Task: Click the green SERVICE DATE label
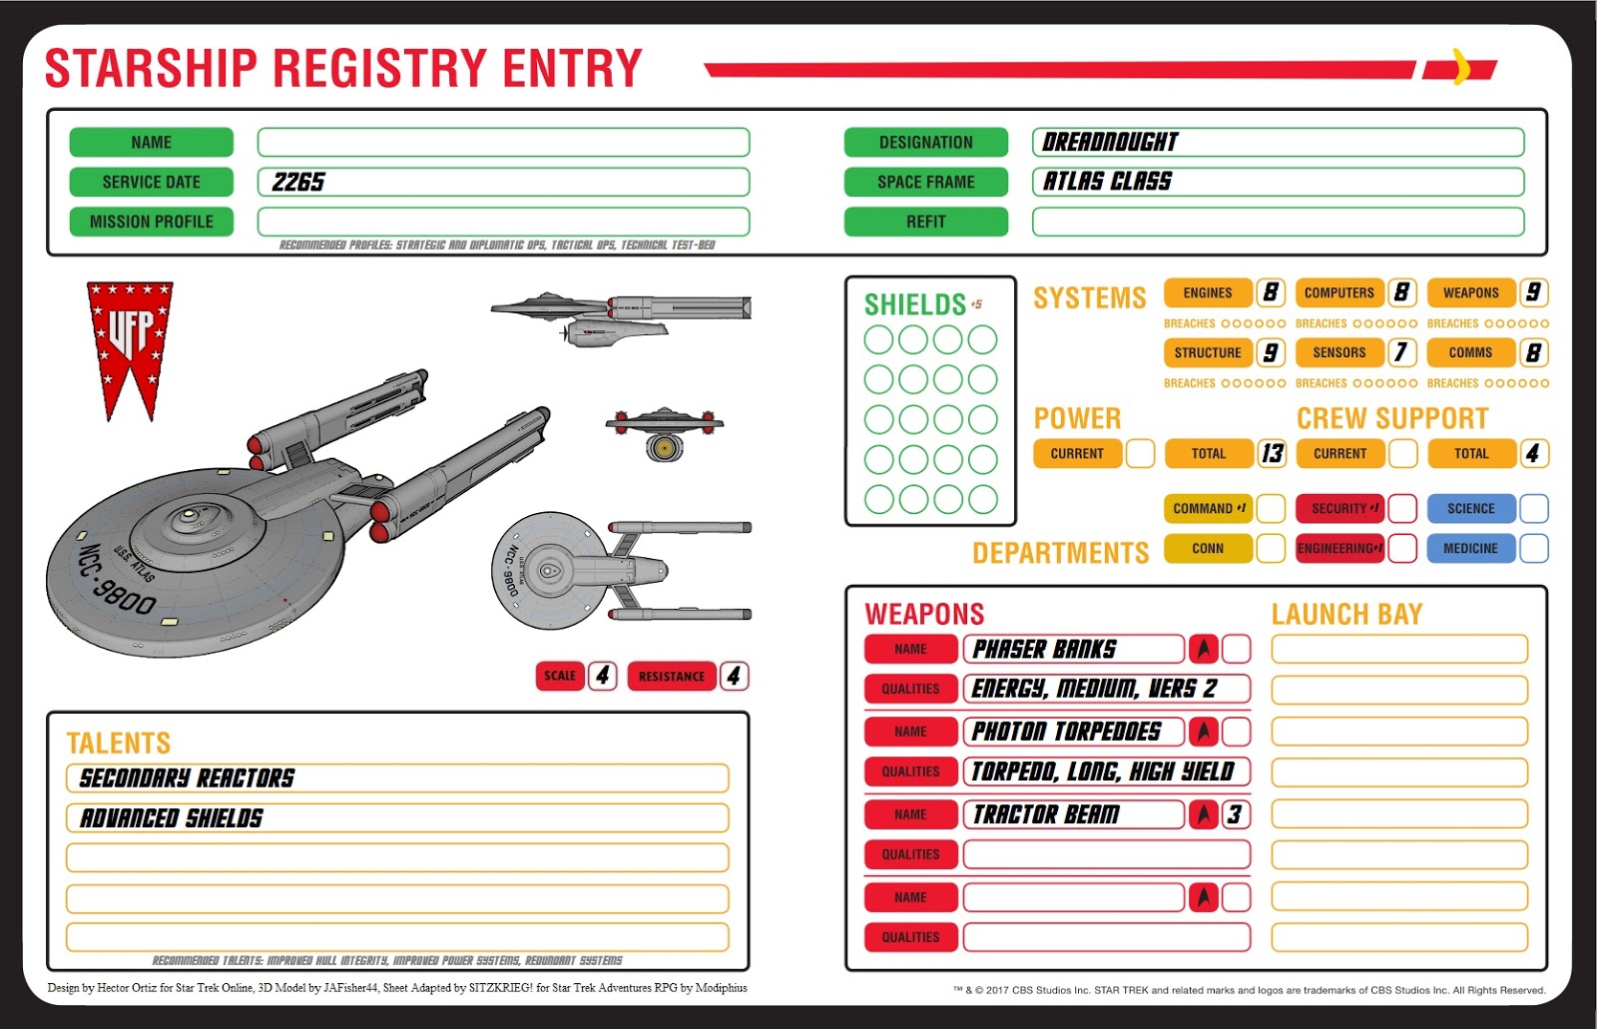151,182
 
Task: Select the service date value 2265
298,182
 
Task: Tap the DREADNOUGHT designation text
1110,142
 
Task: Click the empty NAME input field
503,142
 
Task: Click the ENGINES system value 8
1271,292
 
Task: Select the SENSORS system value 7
1401,352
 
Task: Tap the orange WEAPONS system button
1471,292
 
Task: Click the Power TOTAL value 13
1272,453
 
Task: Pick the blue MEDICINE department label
1471,548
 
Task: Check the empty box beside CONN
1271,548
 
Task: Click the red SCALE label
560,676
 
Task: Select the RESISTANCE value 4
734,676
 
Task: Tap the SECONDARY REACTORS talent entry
187,777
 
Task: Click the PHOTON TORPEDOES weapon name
1066,732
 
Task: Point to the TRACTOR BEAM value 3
1236,814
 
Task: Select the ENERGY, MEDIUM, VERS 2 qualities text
1094,689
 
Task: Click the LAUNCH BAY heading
1346,614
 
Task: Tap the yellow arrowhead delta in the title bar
1461,67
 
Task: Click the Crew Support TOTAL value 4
1533,453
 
